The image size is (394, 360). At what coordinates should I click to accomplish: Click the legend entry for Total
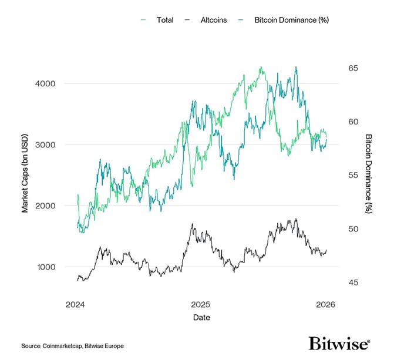pyautogui.click(x=164, y=20)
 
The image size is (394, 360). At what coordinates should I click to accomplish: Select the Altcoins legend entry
pyautogui.click(x=214, y=20)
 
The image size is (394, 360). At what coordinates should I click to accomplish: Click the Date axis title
pyautogui.click(x=200, y=317)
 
